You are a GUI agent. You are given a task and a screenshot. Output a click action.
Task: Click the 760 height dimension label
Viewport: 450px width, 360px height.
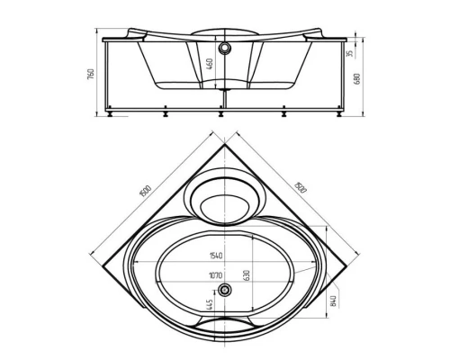(x=91, y=75)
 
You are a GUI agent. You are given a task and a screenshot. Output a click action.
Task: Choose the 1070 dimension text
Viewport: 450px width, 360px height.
(x=215, y=275)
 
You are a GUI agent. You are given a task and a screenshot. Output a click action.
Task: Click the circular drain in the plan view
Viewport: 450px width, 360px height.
(x=224, y=290)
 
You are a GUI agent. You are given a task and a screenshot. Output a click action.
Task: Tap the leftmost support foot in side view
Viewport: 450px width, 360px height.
(x=110, y=113)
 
